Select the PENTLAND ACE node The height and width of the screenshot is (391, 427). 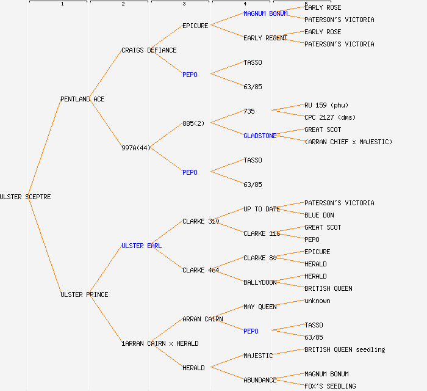pos(82,99)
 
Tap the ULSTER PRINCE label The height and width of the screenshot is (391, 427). pos(84,294)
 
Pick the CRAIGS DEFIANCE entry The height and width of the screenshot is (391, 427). pos(149,50)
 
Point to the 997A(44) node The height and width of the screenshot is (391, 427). pos(136,148)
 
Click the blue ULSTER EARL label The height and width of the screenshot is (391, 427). pos(142,246)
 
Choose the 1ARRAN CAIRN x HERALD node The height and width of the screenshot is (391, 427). pos(160,343)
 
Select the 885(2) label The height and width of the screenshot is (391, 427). pos(193,123)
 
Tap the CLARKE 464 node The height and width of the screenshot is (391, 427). pos(201,270)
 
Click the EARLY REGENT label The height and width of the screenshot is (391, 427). pos(265,38)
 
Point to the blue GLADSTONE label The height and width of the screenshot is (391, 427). pos(260,136)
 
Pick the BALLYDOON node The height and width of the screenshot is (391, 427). pos(260,282)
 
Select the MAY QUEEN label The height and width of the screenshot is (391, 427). pos(260,307)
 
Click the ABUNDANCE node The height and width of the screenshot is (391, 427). pos(260,380)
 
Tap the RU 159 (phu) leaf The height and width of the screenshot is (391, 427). pos(326,105)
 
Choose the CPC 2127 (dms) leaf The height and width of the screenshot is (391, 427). pos(330,117)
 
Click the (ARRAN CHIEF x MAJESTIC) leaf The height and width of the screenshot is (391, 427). pos(348,142)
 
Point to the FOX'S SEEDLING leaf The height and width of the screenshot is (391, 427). pos(330,386)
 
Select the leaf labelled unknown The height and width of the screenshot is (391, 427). pos(317,301)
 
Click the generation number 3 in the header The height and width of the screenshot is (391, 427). pos(184,4)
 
